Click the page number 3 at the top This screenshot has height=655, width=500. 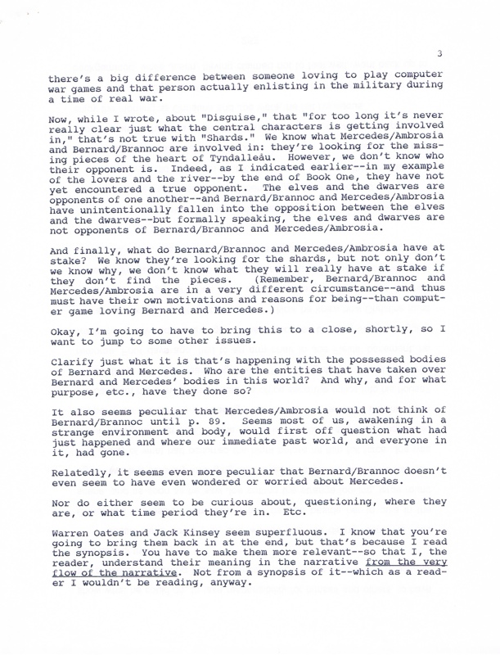(x=440, y=54)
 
